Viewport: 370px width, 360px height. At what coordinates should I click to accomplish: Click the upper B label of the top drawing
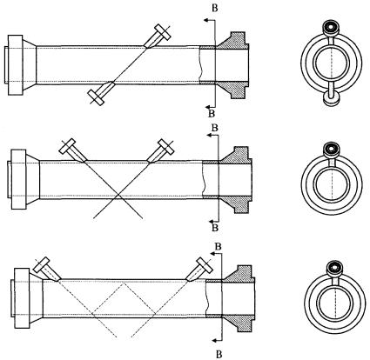(x=215, y=8)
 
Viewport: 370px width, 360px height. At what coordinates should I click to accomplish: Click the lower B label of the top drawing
(x=212, y=114)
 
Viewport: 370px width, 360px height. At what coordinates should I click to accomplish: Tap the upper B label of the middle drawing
(x=215, y=128)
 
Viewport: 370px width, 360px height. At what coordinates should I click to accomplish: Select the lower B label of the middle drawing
(x=215, y=228)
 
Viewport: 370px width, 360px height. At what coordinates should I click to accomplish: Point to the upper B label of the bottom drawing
(x=219, y=246)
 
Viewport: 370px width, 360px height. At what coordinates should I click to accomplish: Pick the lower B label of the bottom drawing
(x=219, y=354)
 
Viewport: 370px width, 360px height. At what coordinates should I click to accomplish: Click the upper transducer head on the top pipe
(x=163, y=32)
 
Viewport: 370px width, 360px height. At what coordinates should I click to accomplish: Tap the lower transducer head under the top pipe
(x=96, y=97)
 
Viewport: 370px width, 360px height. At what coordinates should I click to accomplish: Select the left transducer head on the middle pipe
(x=67, y=147)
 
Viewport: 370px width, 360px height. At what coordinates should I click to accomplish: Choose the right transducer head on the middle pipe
(x=166, y=147)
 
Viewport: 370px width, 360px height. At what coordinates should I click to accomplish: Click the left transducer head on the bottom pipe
(x=42, y=264)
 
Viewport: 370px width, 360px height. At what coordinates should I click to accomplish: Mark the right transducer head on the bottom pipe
(x=205, y=264)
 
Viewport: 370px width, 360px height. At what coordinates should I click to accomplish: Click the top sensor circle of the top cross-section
(x=331, y=27)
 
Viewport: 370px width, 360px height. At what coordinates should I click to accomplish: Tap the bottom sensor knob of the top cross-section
(x=331, y=100)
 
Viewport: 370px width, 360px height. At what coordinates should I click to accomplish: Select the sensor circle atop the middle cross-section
(x=332, y=149)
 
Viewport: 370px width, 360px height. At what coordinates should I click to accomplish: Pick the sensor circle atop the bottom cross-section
(x=335, y=267)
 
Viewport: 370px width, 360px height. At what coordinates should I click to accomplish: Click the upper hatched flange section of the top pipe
(x=233, y=40)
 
